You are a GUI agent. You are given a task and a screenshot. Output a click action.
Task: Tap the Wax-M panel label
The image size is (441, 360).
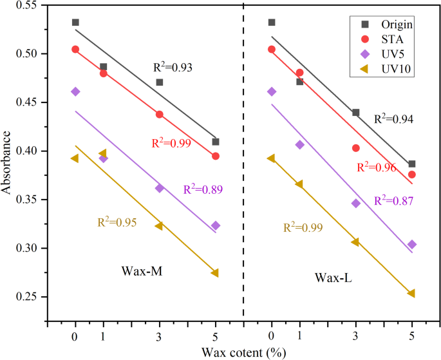tap(141, 271)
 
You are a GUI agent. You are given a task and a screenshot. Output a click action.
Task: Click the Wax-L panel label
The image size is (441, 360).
tap(333, 278)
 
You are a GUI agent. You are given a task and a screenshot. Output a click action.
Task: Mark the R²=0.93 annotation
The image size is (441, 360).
tap(173, 67)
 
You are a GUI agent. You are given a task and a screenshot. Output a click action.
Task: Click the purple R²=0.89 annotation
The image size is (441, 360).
tap(202, 189)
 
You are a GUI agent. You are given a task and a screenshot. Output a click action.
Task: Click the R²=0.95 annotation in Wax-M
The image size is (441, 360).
tap(117, 223)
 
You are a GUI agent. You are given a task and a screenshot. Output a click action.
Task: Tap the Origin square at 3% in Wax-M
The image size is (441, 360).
tap(160, 82)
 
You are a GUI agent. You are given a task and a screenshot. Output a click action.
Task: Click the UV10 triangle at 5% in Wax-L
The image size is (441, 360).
tap(411, 293)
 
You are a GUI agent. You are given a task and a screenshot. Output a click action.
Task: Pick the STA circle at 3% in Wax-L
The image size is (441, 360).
tap(355, 148)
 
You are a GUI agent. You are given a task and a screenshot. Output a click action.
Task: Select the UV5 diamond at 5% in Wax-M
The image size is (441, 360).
tap(216, 225)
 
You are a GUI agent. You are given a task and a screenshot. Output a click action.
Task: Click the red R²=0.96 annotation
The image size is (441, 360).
tap(377, 167)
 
